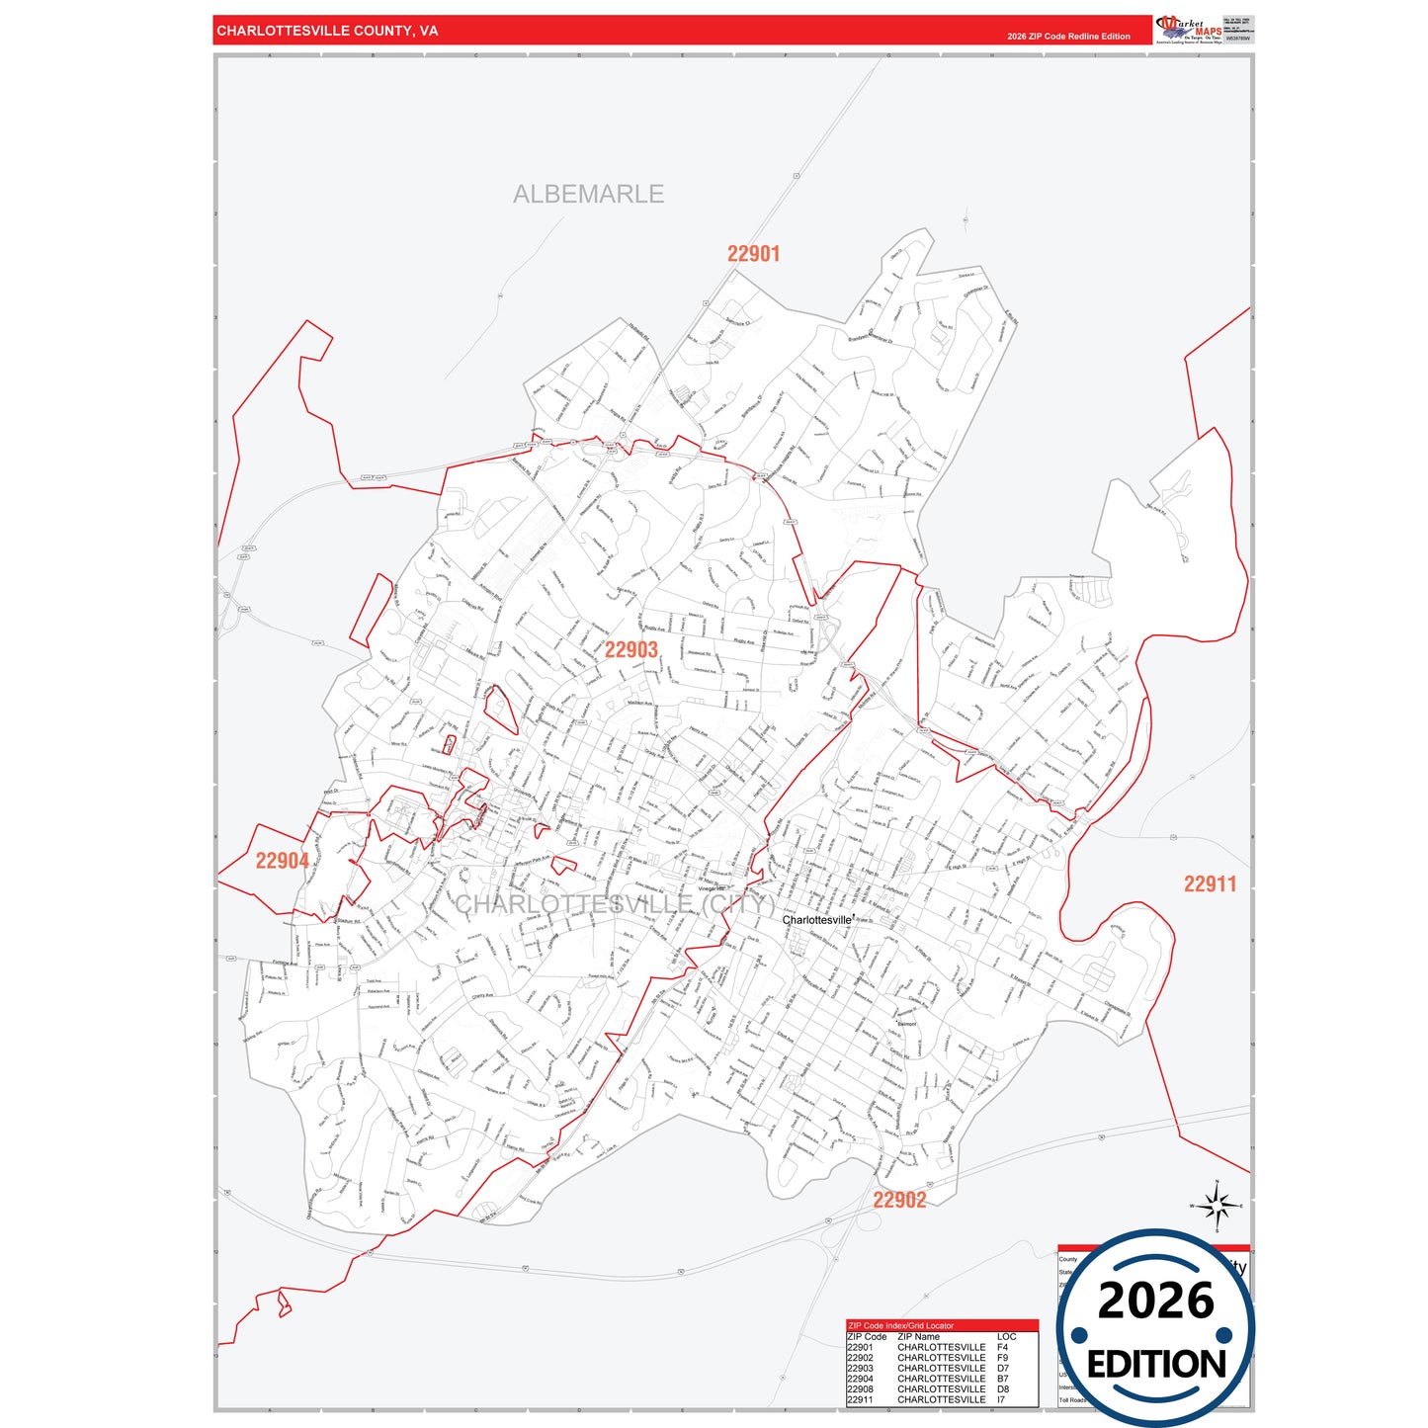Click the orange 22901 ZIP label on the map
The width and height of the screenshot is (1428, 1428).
(753, 254)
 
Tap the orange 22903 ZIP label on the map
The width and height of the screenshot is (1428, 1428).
(630, 649)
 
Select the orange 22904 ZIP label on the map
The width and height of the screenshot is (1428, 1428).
(282, 861)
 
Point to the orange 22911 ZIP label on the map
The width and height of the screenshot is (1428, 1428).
(1210, 884)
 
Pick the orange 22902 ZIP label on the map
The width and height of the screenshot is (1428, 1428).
(899, 1200)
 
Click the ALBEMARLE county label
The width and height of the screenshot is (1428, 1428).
(588, 194)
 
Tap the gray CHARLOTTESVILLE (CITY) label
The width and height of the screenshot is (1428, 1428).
(614, 904)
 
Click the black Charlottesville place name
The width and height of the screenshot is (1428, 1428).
(816, 920)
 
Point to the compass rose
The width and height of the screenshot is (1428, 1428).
(1217, 1206)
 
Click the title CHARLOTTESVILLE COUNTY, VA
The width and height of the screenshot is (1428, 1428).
(327, 31)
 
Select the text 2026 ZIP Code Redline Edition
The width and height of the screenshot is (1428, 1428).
(1068, 37)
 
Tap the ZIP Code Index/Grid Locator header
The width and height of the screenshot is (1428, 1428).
(900, 1325)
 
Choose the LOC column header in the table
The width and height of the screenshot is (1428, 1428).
(1006, 1336)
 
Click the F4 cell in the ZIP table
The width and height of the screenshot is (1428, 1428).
(1002, 1347)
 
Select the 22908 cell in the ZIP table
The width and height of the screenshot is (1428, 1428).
(860, 1388)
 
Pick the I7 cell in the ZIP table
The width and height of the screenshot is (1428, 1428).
(1002, 1399)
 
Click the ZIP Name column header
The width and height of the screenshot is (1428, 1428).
(918, 1336)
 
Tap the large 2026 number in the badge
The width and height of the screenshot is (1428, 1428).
(1155, 1301)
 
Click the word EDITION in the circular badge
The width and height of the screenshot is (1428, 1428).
(1155, 1365)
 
